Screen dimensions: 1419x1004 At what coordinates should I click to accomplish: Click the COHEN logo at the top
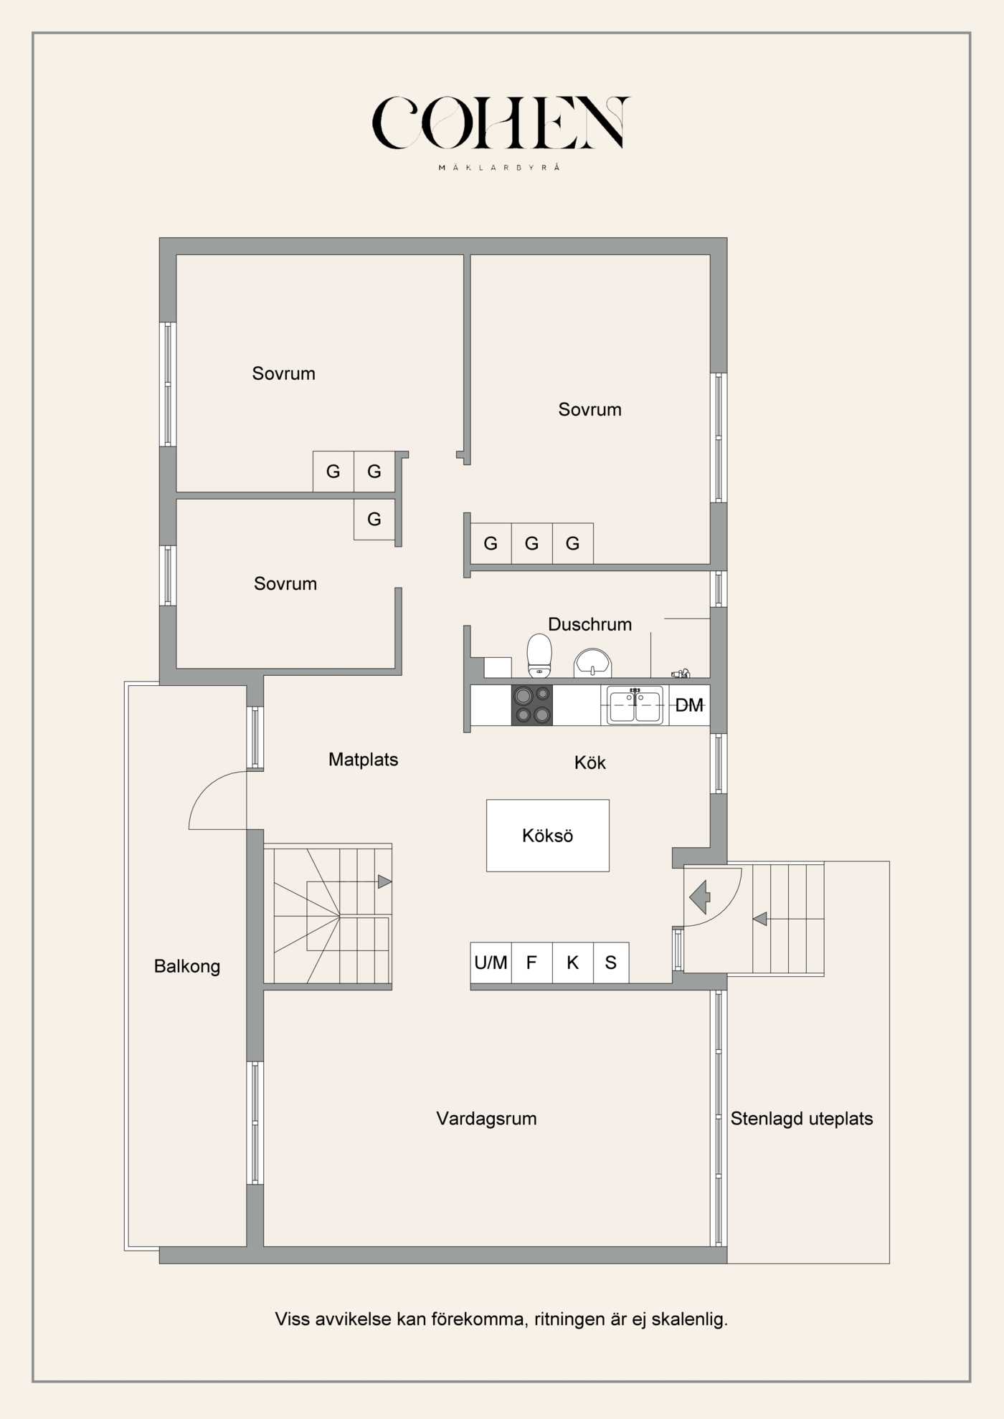(501, 123)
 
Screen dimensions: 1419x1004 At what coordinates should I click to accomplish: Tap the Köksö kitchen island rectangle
(547, 836)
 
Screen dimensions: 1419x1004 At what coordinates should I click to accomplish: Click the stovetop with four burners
(531, 705)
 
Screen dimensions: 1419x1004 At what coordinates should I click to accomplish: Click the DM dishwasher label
(689, 706)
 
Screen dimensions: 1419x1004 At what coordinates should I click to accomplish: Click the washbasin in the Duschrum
(592, 662)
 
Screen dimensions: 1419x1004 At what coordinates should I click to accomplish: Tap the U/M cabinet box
(491, 962)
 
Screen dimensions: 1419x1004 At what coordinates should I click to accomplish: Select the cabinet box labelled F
(531, 962)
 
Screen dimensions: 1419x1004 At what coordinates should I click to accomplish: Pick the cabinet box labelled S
(611, 962)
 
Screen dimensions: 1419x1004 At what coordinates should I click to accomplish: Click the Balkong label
(186, 966)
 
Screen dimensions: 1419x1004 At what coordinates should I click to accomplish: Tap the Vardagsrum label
(486, 1119)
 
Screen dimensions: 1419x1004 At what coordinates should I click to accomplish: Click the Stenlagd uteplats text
(801, 1119)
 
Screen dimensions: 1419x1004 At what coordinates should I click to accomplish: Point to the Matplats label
(363, 760)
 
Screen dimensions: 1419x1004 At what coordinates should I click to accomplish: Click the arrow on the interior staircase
(384, 881)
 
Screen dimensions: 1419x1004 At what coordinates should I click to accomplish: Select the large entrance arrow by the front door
(699, 897)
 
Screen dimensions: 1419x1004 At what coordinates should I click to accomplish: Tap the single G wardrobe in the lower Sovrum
(374, 520)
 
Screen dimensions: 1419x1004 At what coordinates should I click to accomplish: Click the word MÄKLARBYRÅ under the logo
(499, 168)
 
